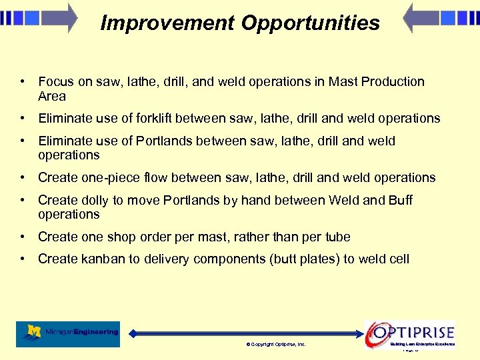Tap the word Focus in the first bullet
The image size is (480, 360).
coord(56,82)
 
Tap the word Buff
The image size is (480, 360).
coord(400,201)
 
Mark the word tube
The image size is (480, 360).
coord(337,237)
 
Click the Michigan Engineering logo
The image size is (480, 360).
coord(68,333)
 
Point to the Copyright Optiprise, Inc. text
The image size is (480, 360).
coord(276,345)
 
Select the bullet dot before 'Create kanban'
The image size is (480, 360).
coord(23,259)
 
